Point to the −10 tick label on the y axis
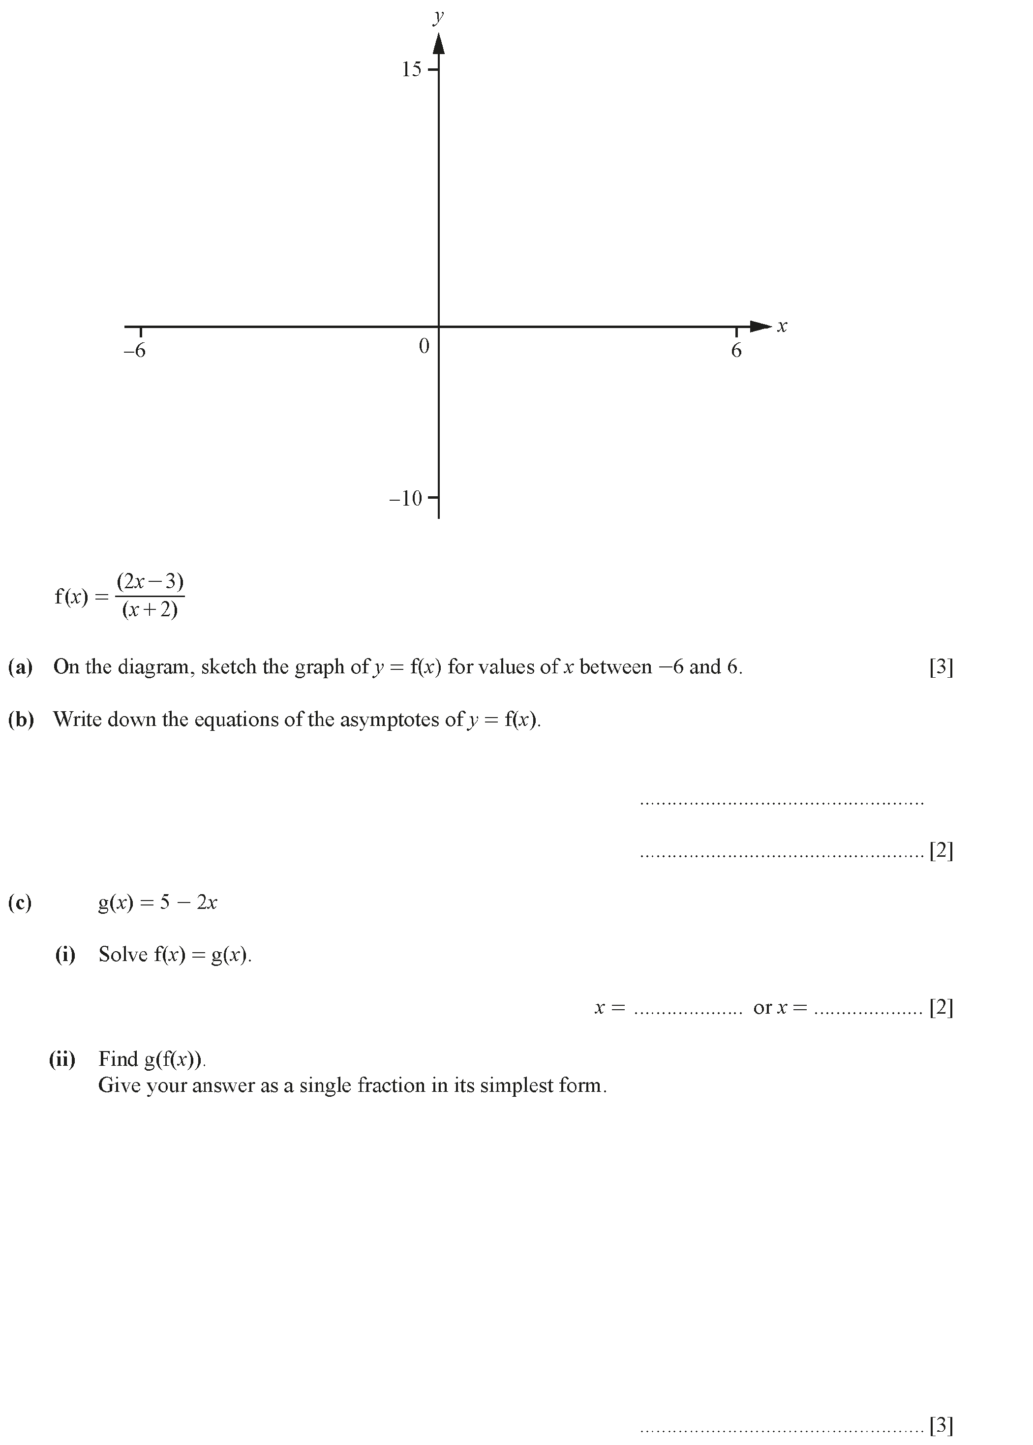[x=406, y=498]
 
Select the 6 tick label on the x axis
[x=736, y=351]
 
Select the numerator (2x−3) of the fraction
[x=150, y=581]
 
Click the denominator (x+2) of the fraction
[x=150, y=610]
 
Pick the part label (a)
[x=20, y=666]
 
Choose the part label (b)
[x=21, y=720]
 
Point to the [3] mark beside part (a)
[x=941, y=667]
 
